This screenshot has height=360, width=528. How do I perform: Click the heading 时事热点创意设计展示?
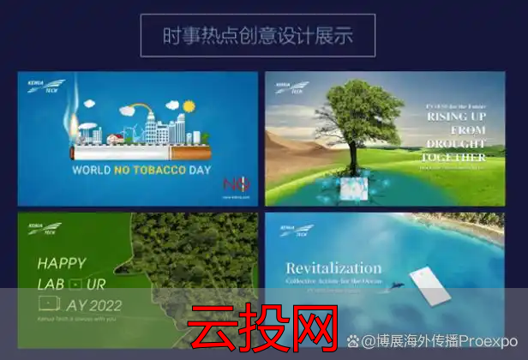point(258,36)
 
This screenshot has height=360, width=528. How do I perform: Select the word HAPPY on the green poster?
point(62,263)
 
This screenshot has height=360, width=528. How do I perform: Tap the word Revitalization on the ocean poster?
point(333,267)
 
